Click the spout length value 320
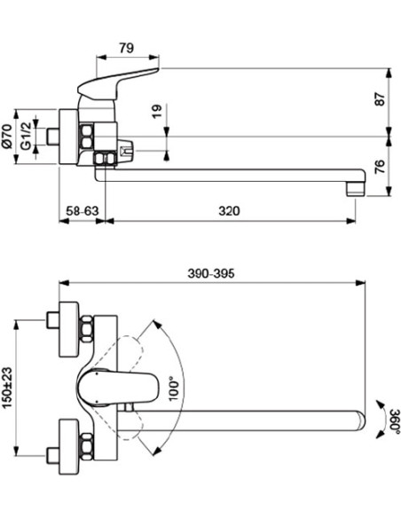229,211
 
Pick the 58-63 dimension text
83,211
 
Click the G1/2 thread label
27,136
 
